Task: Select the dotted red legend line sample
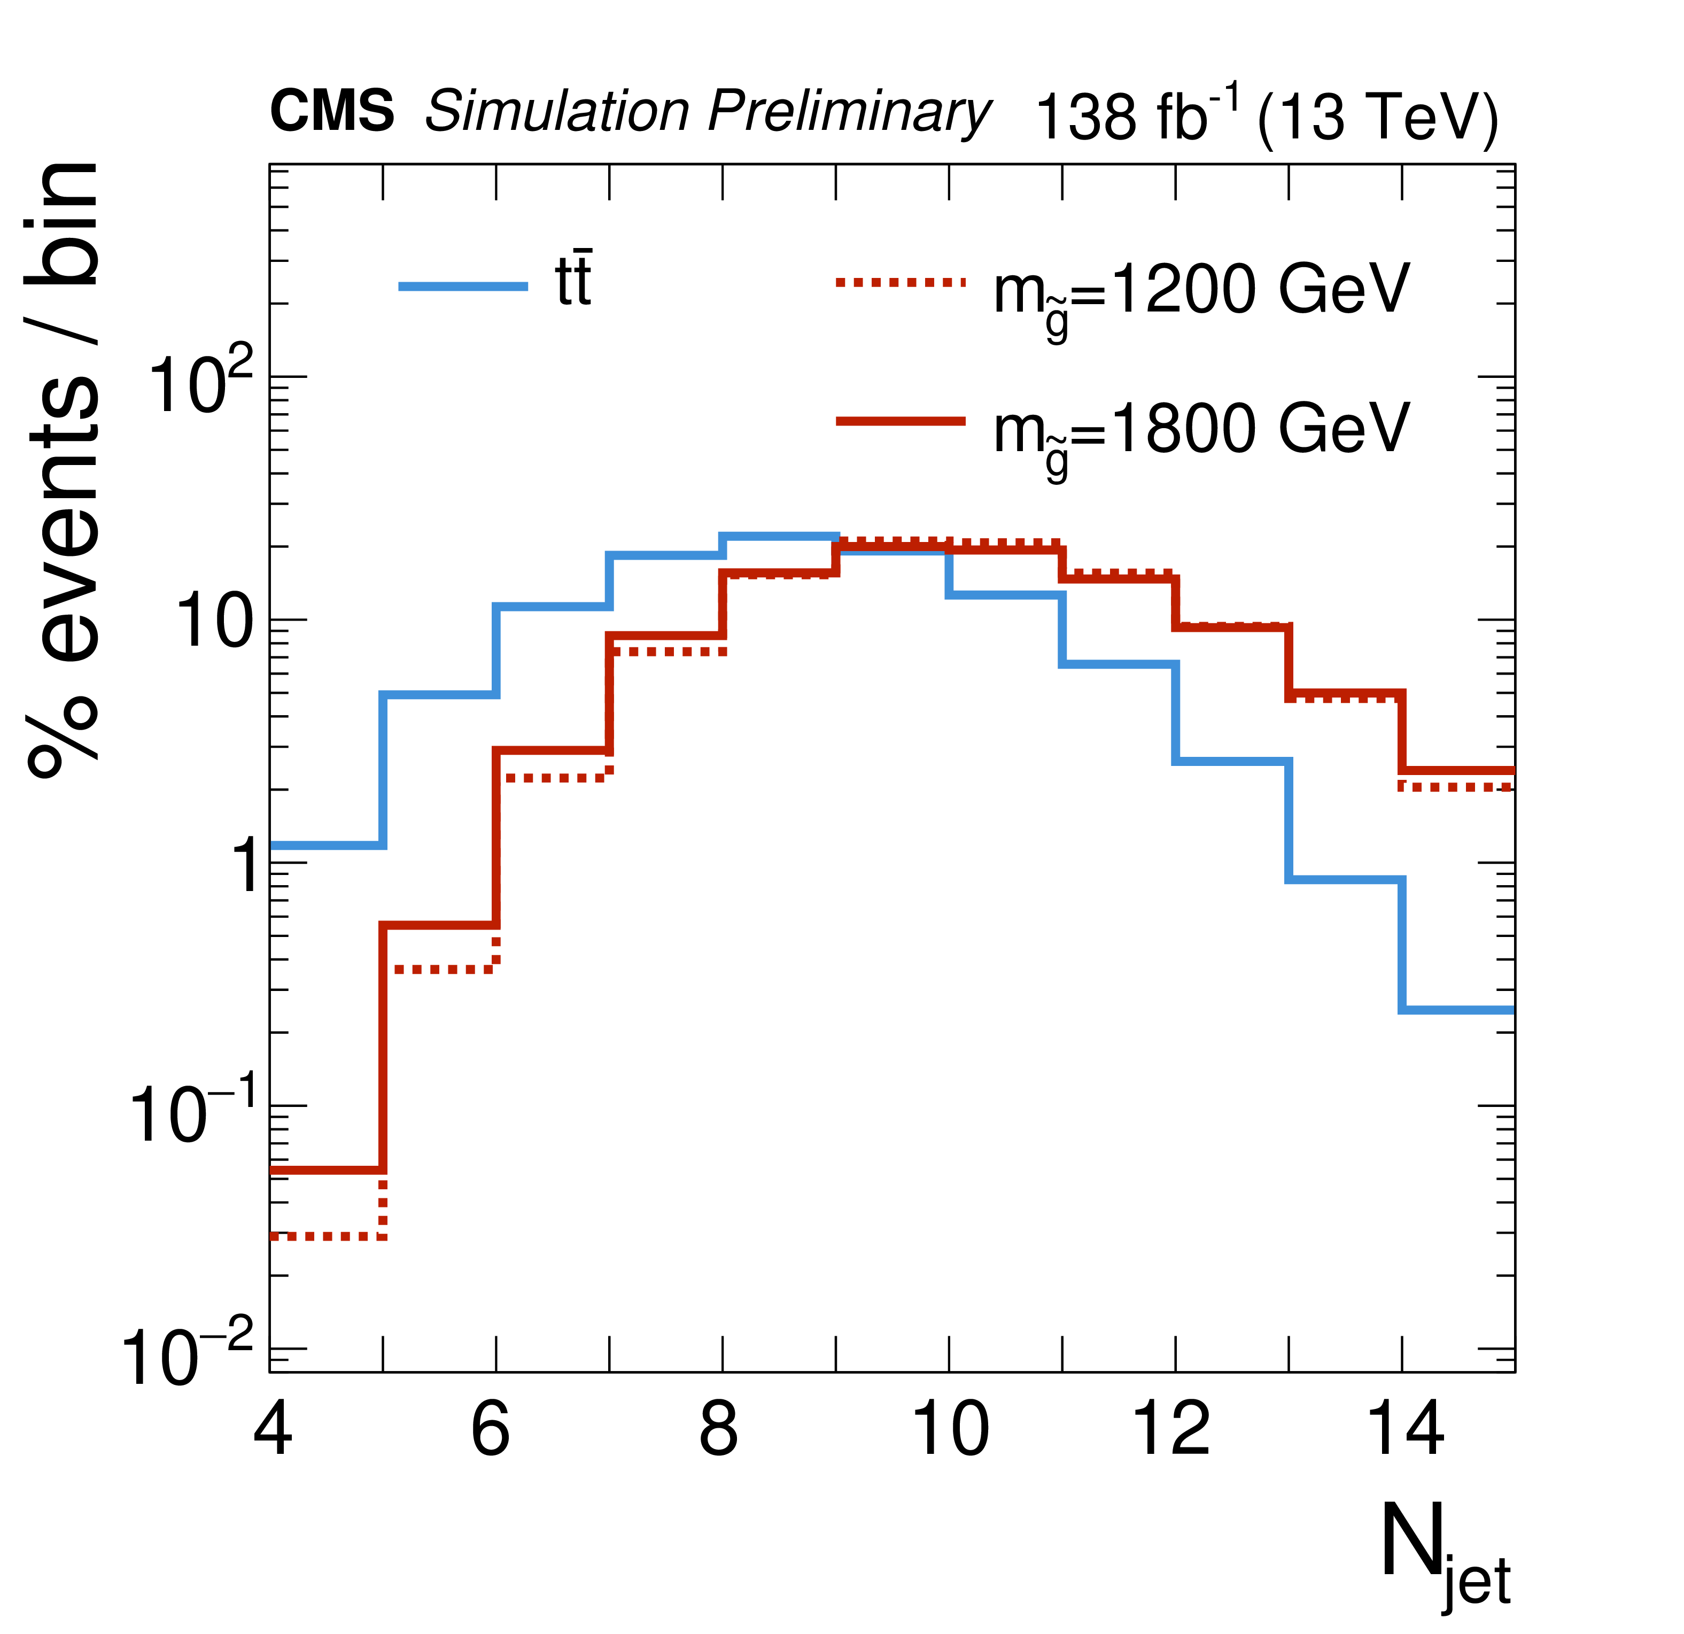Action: (x=901, y=281)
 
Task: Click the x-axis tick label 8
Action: (x=718, y=1429)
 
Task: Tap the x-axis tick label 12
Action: (x=1172, y=1429)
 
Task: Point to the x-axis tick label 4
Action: (x=273, y=1429)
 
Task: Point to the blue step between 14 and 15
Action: (x=1457, y=1010)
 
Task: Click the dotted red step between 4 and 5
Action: (x=327, y=1236)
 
